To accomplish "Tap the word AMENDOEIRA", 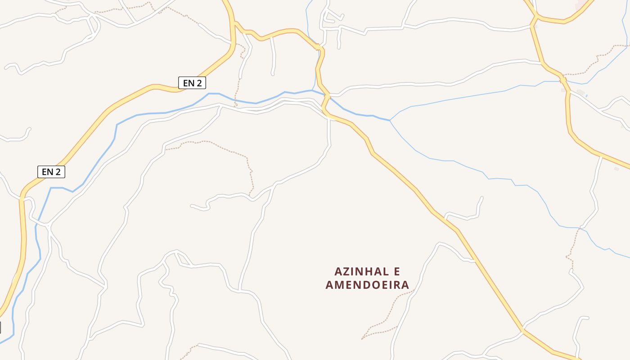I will pyautogui.click(x=367, y=285).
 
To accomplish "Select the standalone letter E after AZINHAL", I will pyautogui.click(x=396, y=272).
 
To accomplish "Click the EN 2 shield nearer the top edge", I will pyautogui.click(x=192, y=83).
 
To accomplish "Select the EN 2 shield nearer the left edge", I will pyautogui.click(x=51, y=171).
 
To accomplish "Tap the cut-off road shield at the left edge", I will pyautogui.click(x=0, y=328).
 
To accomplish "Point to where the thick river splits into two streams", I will pyautogui.click(x=390, y=120).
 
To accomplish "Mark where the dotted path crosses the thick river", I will pyautogui.click(x=235, y=100).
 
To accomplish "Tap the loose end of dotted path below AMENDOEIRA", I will pyautogui.click(x=363, y=338).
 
